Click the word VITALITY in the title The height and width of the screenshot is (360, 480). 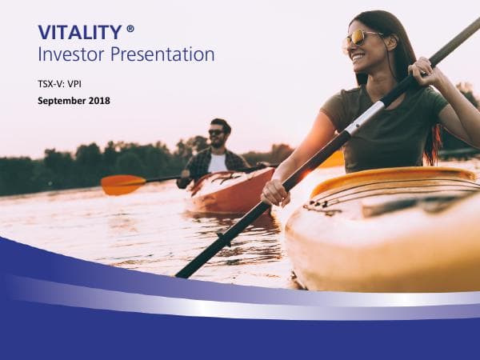[78, 32]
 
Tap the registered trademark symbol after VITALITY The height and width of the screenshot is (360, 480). [130, 29]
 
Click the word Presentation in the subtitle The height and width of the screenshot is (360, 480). [163, 54]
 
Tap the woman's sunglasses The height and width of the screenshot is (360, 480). [361, 38]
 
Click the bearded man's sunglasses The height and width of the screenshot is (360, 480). [217, 132]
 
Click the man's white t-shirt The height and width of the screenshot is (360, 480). [218, 163]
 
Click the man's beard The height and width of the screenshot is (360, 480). [218, 142]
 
